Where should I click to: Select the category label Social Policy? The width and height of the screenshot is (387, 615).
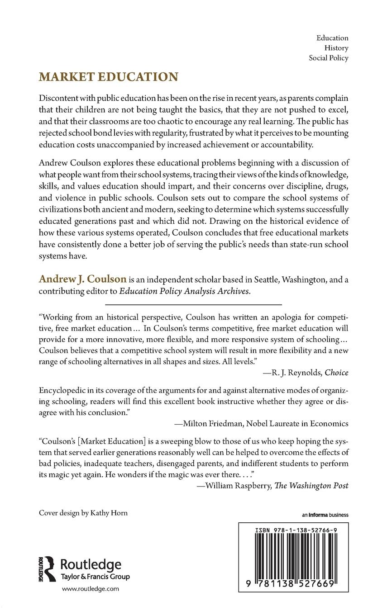(328, 58)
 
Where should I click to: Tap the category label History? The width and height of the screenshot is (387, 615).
(336, 48)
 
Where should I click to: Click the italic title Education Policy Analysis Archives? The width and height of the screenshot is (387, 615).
(185, 291)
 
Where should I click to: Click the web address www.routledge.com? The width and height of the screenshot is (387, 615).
(90, 589)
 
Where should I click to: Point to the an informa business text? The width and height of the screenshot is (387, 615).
(325, 515)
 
